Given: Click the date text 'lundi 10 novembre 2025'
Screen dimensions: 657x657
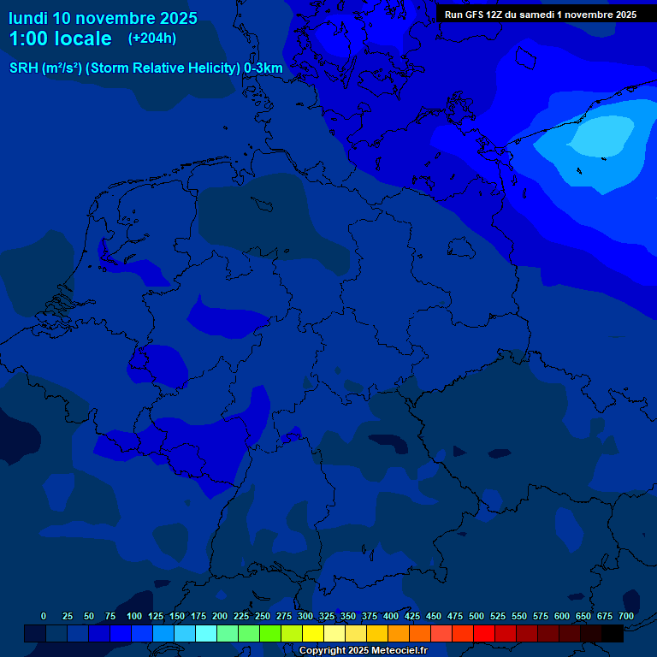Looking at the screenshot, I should pos(103,18).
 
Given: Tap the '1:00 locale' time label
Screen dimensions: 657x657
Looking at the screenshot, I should pos(60,39).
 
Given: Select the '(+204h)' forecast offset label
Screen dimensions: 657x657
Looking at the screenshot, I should pos(152,38).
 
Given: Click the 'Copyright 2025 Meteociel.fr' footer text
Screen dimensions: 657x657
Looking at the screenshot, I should pos(362,650).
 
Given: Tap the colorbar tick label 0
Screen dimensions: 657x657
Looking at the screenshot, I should pos(44,616).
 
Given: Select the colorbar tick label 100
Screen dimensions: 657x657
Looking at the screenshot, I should pos(134,616).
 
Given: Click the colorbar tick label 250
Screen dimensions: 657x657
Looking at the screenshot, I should pos(263,616).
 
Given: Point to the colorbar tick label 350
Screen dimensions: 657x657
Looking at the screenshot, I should pos(348,616).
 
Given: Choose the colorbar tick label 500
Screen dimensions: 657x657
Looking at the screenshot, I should pos(476,616).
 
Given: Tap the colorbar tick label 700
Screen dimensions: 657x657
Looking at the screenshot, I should pos(625,616).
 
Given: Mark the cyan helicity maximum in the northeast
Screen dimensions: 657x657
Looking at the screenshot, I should pos(603,135).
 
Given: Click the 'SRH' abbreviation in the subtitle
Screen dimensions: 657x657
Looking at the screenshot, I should pos(24,68).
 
